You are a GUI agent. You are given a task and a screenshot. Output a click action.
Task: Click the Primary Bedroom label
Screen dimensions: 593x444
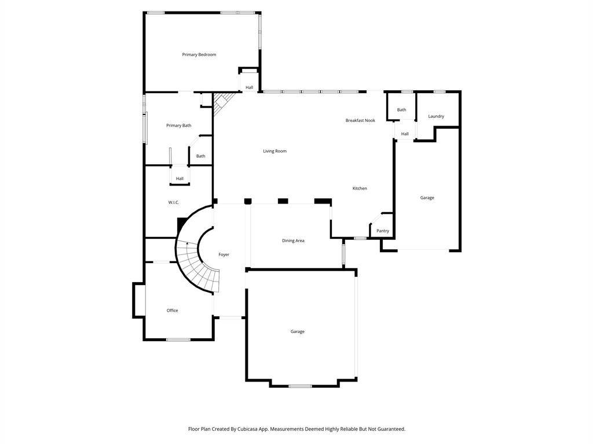tap(199, 55)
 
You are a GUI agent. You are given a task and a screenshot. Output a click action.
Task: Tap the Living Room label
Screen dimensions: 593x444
tap(274, 151)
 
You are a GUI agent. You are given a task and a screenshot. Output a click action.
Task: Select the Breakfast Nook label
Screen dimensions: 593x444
tap(360, 120)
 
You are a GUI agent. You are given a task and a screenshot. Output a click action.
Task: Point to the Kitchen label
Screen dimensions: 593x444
tap(360, 188)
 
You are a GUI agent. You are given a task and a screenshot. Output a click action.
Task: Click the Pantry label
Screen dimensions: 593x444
tap(383, 231)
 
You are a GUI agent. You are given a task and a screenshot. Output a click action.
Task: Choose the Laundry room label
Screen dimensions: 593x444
tap(436, 116)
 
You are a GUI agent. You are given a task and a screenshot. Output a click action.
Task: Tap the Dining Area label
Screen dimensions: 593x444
tap(293, 240)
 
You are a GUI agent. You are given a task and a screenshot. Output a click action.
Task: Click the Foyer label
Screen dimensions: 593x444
tap(224, 255)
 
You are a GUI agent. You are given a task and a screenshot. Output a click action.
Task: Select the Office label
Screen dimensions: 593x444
tap(172, 310)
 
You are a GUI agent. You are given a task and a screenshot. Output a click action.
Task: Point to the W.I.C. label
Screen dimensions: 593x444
tap(174, 203)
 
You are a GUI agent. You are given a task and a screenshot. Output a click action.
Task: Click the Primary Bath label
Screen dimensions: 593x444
tap(178, 125)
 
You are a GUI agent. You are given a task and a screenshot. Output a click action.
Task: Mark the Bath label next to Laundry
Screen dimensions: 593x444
tap(402, 110)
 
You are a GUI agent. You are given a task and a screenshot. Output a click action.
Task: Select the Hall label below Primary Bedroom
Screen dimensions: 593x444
tap(249, 88)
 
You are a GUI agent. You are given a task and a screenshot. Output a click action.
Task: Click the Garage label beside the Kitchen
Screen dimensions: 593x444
tap(427, 198)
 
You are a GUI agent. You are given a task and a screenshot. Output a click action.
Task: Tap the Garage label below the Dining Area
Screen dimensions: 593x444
tap(297, 331)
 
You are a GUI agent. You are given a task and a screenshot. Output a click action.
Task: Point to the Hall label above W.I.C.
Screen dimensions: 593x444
tap(180, 179)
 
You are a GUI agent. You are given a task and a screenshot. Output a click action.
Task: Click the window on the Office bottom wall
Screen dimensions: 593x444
tap(178, 340)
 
